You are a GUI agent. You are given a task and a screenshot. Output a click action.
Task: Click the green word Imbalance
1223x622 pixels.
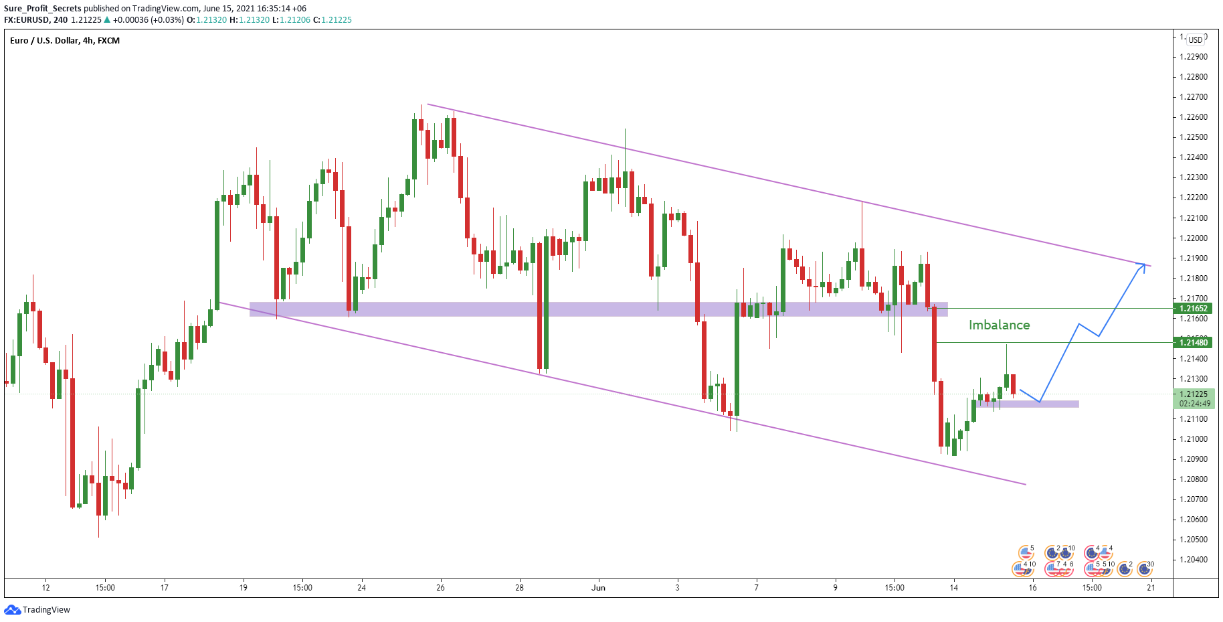(x=999, y=325)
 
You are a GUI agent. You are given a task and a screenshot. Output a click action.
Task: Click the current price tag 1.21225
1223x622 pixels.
(x=1194, y=394)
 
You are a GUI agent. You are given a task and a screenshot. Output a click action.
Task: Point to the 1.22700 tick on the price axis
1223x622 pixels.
(x=1194, y=97)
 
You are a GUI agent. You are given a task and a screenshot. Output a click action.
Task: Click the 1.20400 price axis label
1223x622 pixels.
(x=1194, y=560)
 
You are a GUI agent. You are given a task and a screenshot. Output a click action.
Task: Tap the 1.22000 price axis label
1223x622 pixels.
(x=1194, y=238)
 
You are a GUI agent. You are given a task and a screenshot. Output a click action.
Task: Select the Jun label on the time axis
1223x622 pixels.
(x=598, y=588)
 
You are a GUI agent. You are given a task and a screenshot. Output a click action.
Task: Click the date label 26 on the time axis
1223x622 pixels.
(x=440, y=588)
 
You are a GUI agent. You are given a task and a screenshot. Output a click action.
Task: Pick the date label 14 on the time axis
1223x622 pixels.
(x=953, y=588)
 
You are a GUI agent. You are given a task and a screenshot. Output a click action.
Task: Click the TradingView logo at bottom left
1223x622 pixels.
(x=37, y=610)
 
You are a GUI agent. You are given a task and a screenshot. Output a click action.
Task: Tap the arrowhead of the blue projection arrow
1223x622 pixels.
(x=1143, y=266)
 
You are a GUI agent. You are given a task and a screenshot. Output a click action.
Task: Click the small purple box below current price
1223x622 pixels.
(x=1028, y=404)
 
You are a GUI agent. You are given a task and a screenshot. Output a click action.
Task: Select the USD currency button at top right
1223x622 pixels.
(x=1195, y=40)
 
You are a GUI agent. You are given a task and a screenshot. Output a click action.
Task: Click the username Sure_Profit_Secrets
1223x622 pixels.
(x=43, y=9)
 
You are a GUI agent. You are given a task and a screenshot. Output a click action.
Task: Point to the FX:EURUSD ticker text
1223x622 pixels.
(x=26, y=20)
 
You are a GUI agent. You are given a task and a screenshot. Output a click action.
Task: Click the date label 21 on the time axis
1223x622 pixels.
(x=1151, y=588)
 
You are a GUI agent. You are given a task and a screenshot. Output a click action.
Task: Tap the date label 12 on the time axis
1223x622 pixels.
(x=45, y=588)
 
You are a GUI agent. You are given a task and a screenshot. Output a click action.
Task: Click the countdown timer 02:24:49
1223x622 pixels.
(x=1194, y=404)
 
